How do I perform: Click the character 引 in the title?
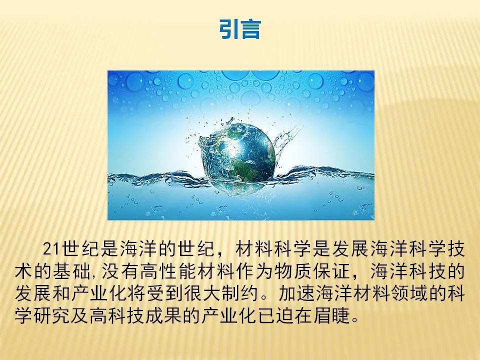pos(229,29)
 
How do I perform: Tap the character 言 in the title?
pos(250,29)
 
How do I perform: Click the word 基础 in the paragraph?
pos(71,271)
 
